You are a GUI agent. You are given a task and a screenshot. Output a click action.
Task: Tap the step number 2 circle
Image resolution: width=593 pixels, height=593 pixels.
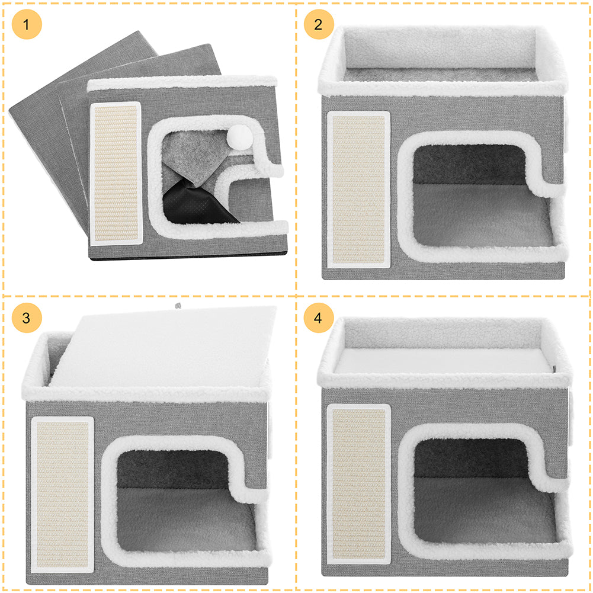point(319,24)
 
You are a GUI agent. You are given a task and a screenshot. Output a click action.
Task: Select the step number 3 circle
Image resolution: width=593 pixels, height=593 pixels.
point(27,318)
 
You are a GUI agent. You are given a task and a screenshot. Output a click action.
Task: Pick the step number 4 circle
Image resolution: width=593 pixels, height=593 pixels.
point(319,318)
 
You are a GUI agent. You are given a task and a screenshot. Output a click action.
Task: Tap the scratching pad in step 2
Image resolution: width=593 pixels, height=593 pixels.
point(358,190)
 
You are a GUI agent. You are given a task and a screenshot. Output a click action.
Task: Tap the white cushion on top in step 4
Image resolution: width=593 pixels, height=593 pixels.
point(441,361)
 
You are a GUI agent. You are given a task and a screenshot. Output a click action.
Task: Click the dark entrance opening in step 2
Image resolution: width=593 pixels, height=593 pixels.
point(468,163)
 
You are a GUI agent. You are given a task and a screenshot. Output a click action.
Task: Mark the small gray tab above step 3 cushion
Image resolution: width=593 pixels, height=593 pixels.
point(177,305)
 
